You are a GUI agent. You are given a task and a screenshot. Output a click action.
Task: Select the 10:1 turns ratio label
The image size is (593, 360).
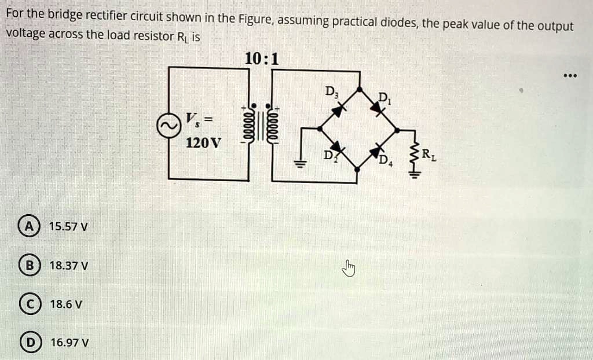[261, 59]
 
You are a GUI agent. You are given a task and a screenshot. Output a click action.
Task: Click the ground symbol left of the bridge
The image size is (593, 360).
[299, 163]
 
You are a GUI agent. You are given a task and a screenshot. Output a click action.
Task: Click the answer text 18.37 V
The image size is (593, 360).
[69, 266]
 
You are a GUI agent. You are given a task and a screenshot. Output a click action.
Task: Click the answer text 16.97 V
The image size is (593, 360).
[69, 342]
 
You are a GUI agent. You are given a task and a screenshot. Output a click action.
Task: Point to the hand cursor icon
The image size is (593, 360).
[349, 267]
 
